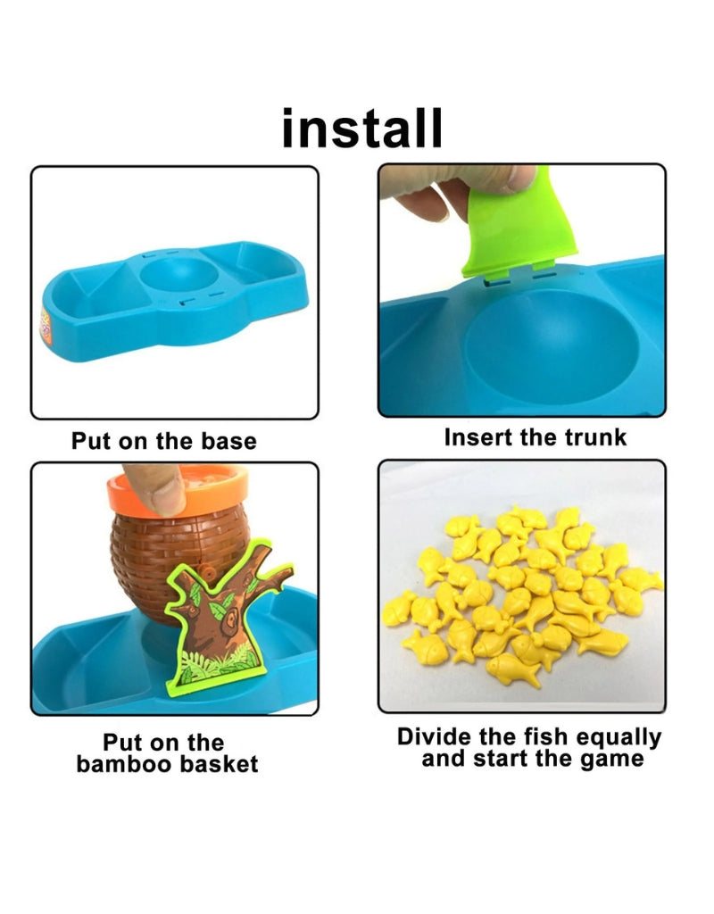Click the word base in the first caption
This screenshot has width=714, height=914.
tap(227, 441)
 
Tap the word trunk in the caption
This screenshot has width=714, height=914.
tap(596, 437)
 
